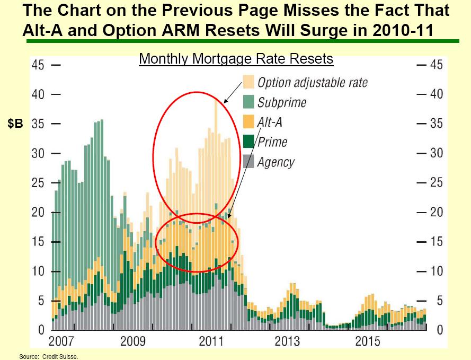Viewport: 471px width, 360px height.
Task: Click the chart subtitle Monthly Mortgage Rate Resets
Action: [236, 58]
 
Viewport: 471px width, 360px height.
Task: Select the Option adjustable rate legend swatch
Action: [248, 82]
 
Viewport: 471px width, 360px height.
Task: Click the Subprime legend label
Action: [282, 102]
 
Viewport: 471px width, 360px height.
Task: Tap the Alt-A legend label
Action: [270, 122]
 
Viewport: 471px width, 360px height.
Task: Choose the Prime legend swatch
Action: [248, 142]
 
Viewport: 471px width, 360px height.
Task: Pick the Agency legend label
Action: [276, 162]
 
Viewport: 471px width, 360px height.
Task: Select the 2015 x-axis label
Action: [367, 341]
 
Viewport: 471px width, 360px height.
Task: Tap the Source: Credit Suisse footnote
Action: [49, 357]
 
